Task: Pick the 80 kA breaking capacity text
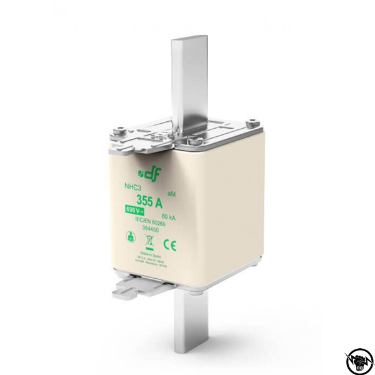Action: (x=167, y=216)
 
